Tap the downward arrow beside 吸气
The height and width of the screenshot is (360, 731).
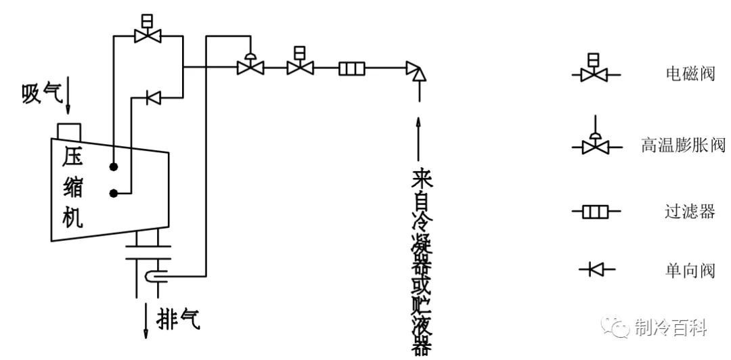(x=69, y=102)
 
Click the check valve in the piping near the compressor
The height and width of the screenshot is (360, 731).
(x=152, y=99)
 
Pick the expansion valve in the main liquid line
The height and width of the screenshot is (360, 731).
(x=250, y=67)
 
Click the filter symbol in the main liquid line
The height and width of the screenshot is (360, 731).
(x=352, y=68)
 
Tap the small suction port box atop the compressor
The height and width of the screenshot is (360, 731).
(x=70, y=130)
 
